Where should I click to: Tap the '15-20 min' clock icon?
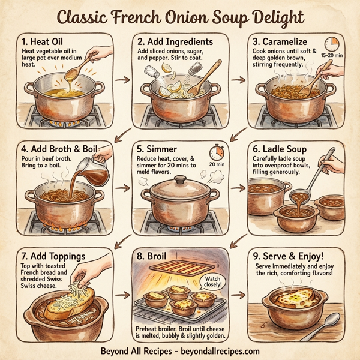[332, 44]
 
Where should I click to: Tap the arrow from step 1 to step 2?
[122, 79]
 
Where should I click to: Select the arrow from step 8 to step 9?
[239, 296]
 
